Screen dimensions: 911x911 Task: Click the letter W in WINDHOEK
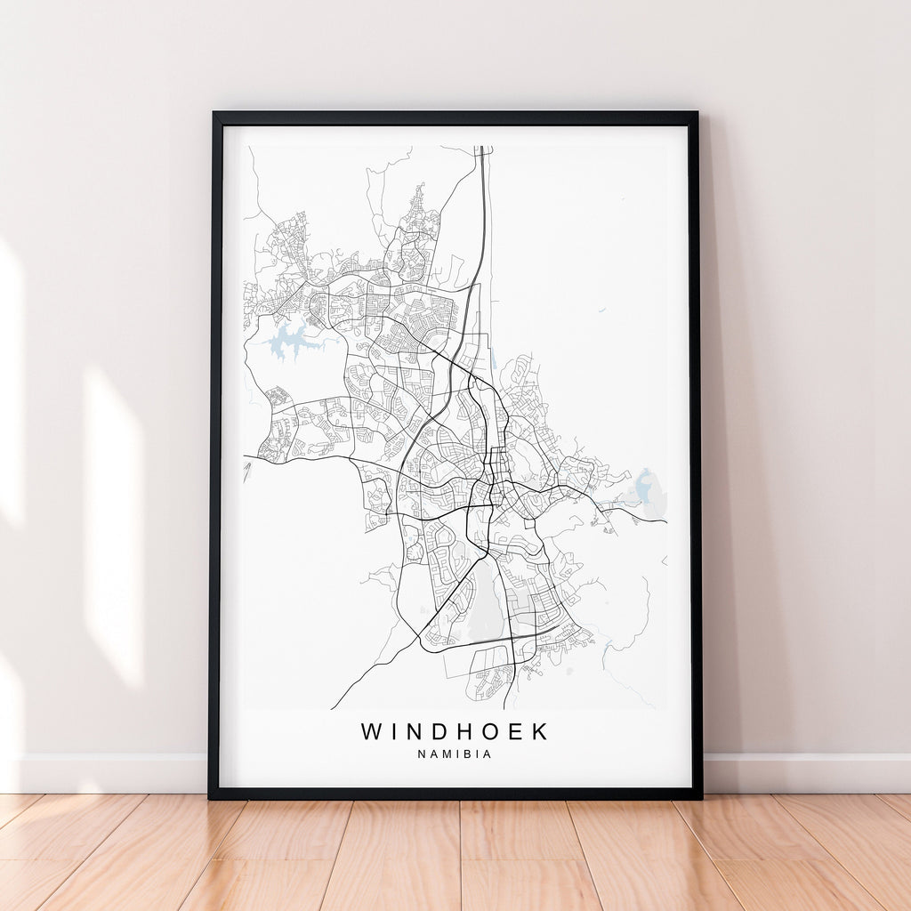pyautogui.click(x=371, y=732)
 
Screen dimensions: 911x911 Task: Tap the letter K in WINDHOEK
pyautogui.click(x=540, y=732)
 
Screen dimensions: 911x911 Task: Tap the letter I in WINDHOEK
pyautogui.click(x=393, y=732)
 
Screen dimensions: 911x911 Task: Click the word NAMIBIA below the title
pyautogui.click(x=455, y=754)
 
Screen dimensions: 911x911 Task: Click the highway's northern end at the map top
pyautogui.click(x=483, y=149)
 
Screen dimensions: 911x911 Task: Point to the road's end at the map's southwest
pyautogui.click(x=333, y=708)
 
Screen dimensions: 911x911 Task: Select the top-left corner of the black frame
pyautogui.click(x=214, y=113)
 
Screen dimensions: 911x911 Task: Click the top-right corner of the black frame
pyautogui.click(x=696, y=113)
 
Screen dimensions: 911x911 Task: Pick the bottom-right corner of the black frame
pyautogui.click(x=701, y=797)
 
